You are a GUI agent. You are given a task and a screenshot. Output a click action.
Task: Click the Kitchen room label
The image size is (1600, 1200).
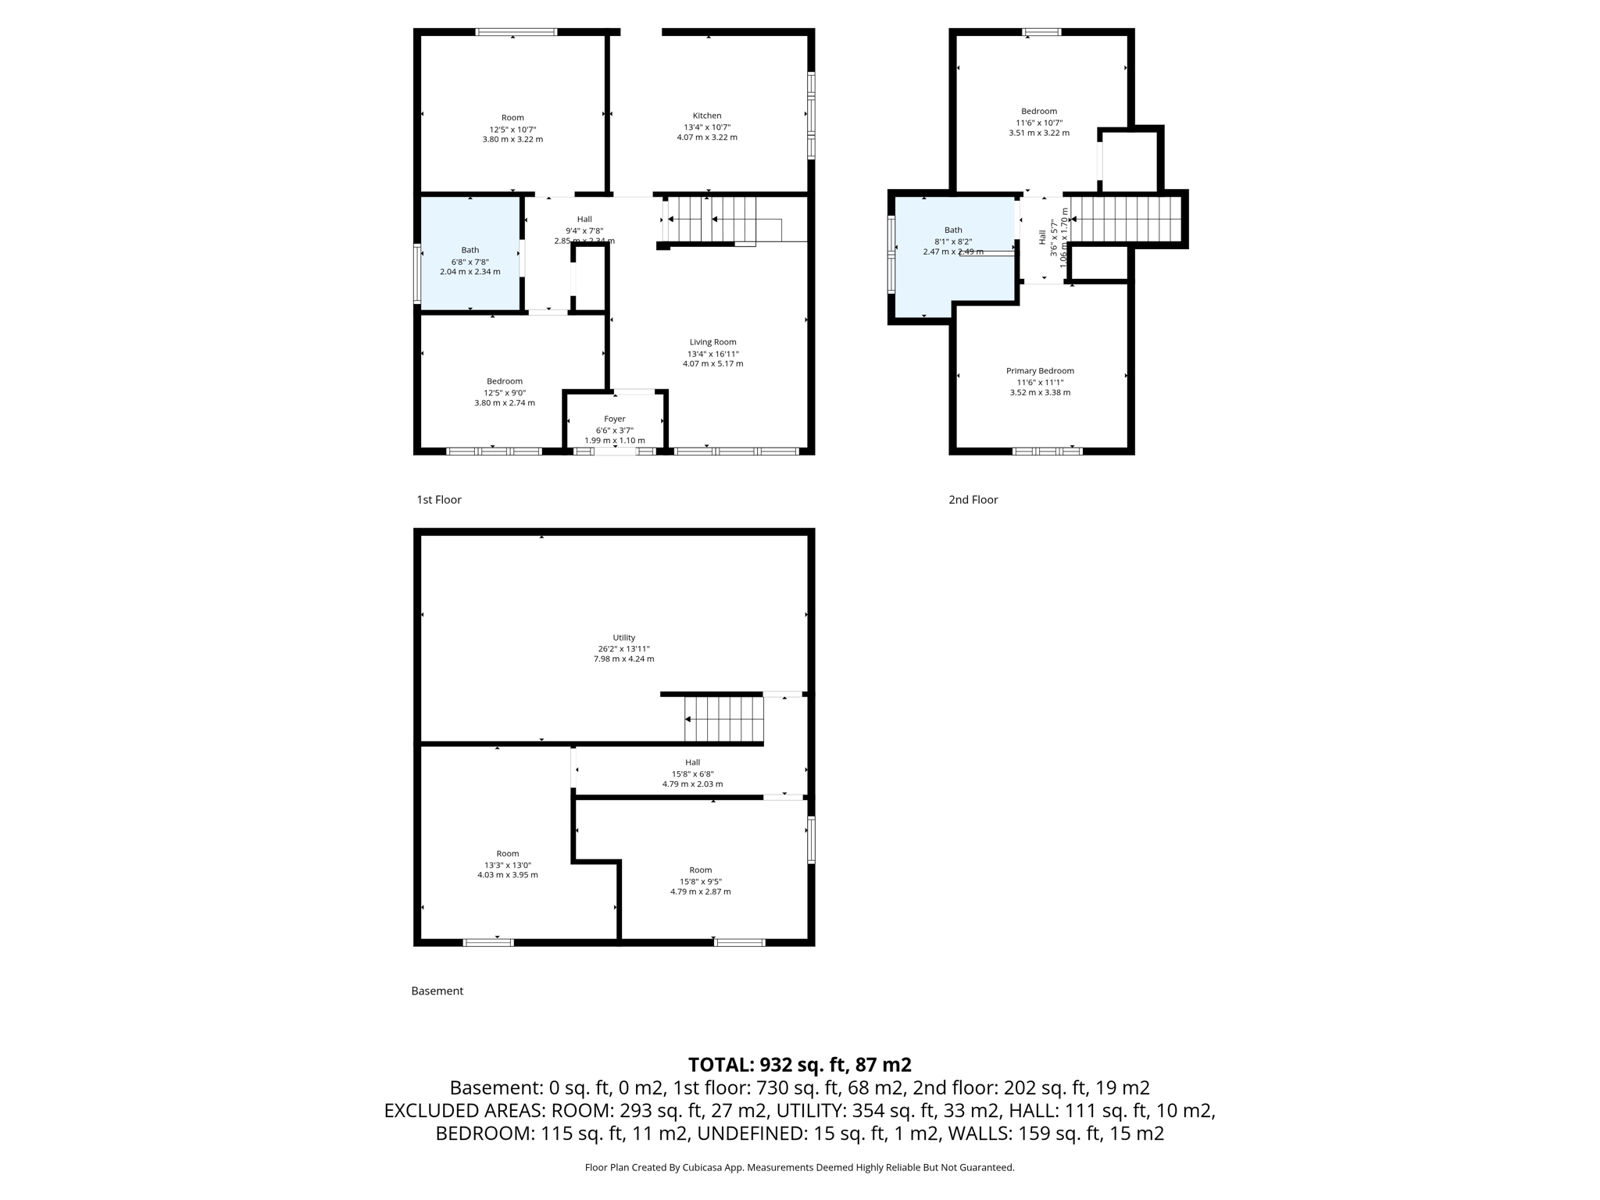coord(706,116)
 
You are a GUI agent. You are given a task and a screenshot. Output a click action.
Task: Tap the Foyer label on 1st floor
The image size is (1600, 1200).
coord(614,420)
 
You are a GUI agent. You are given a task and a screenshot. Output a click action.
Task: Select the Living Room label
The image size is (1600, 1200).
coord(712,342)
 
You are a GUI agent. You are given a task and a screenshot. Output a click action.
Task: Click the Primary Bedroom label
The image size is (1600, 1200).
coord(1040,371)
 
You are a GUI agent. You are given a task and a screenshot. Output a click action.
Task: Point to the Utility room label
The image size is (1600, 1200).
coord(623,637)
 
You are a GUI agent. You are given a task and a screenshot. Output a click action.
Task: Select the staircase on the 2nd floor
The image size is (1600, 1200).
coord(1125,220)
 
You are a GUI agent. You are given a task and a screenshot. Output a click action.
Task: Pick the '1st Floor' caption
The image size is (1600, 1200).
coord(438,500)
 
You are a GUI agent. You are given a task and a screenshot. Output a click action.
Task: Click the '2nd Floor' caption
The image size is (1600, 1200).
coord(973,500)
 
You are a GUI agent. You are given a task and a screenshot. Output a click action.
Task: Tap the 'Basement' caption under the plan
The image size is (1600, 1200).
coord(437,991)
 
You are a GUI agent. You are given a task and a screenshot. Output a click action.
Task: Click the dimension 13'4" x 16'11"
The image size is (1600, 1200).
coord(712,354)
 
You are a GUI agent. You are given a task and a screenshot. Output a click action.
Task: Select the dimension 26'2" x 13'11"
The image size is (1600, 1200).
coord(623,648)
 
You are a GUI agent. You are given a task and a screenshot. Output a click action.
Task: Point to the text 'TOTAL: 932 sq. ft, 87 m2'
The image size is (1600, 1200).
coord(799,1065)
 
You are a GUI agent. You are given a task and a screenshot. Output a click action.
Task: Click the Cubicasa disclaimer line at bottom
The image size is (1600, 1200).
coord(799,1168)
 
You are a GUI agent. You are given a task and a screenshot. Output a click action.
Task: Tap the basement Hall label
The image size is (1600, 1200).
coord(692,762)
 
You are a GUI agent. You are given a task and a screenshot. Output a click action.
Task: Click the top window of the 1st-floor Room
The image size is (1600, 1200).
coord(516,32)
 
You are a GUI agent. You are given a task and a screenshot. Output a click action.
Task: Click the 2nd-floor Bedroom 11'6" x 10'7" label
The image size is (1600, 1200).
coord(1038,112)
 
